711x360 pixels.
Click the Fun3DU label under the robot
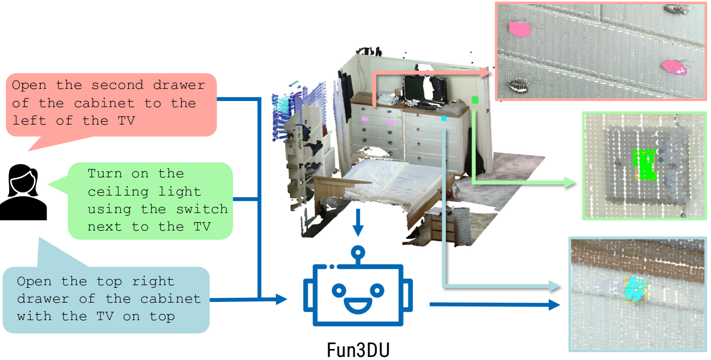pos(358,349)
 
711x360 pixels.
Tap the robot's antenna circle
pos(358,252)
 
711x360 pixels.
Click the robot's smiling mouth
pos(358,306)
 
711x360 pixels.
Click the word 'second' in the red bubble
pos(117,85)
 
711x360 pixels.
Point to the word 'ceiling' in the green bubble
pos(118,191)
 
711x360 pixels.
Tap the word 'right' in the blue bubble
pos(153,281)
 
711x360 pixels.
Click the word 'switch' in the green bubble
pos(202,209)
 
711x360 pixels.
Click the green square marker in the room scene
pos(475,100)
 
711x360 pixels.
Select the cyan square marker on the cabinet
pos(444,118)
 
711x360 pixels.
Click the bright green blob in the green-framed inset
pos(645,164)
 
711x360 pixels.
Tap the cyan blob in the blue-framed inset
pos(635,289)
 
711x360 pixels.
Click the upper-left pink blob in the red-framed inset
pos(519,29)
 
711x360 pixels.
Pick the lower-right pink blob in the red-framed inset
pos(674,67)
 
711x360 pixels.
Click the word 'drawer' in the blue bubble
pos(43,299)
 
